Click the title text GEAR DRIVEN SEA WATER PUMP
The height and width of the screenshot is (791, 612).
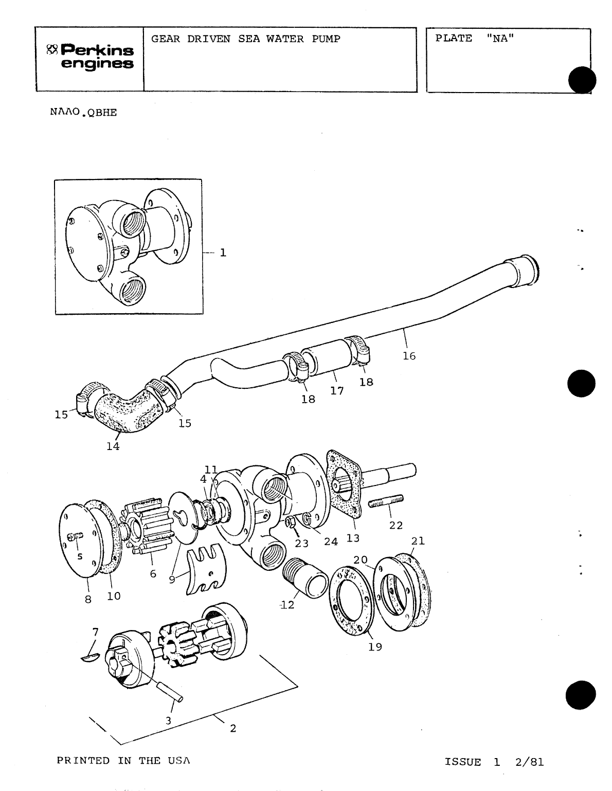[246, 39]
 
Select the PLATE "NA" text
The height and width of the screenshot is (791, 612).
[475, 39]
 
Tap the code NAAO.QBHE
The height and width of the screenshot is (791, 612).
[83, 113]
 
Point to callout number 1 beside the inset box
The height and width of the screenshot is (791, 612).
[223, 253]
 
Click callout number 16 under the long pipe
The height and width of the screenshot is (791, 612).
[409, 356]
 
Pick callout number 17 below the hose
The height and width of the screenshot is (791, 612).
[337, 391]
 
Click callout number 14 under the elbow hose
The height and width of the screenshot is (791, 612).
[113, 446]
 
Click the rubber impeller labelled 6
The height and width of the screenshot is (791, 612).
[148, 525]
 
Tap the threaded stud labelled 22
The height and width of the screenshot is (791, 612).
[385, 501]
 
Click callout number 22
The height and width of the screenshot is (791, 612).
[395, 526]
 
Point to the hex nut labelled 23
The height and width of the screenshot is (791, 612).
[290, 523]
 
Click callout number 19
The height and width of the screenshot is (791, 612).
[375, 647]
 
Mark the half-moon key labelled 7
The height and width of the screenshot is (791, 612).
[91, 657]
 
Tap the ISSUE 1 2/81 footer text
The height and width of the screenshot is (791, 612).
[494, 762]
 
